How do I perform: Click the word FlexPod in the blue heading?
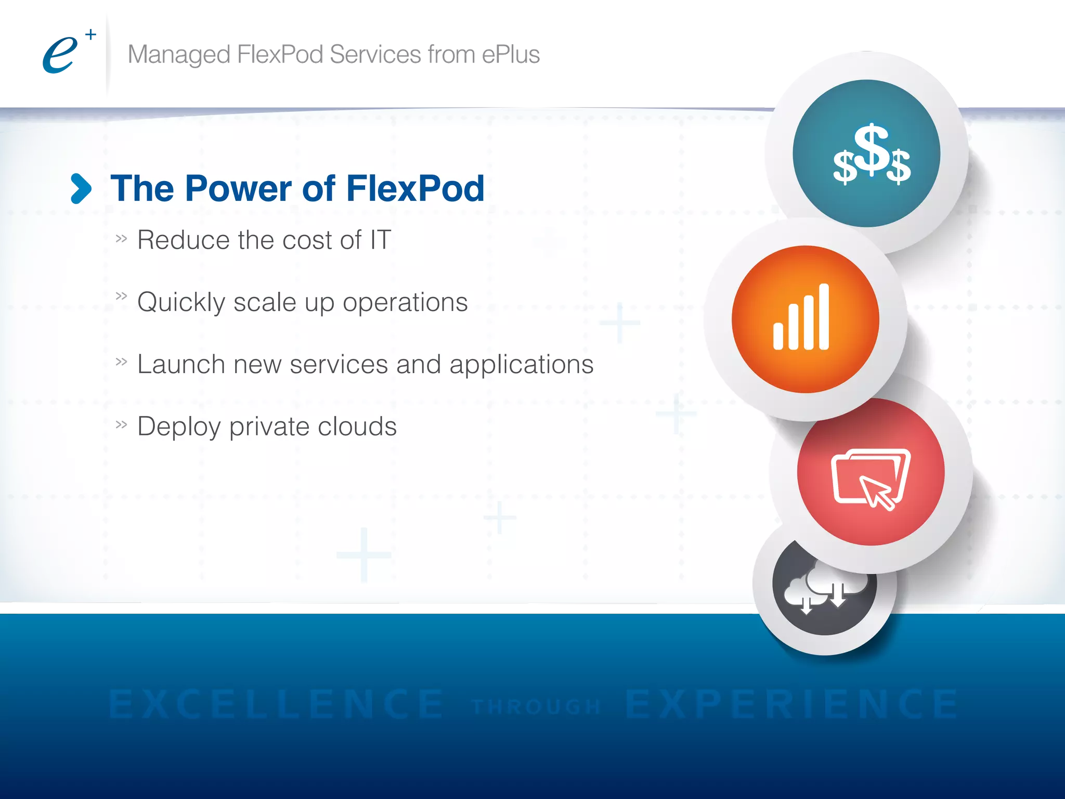pos(415,188)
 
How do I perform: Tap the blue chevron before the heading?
pos(81,188)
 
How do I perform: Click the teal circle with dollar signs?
pos(866,153)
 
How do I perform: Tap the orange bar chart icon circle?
pos(805,319)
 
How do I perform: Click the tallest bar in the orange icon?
pos(824,316)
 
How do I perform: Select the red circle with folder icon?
pos(871,472)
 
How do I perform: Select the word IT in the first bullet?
pos(380,240)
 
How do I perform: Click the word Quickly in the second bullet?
pos(181,303)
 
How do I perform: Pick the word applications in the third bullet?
pos(521,364)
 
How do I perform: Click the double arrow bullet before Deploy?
pos(121,425)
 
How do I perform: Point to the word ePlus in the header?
pos(511,55)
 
